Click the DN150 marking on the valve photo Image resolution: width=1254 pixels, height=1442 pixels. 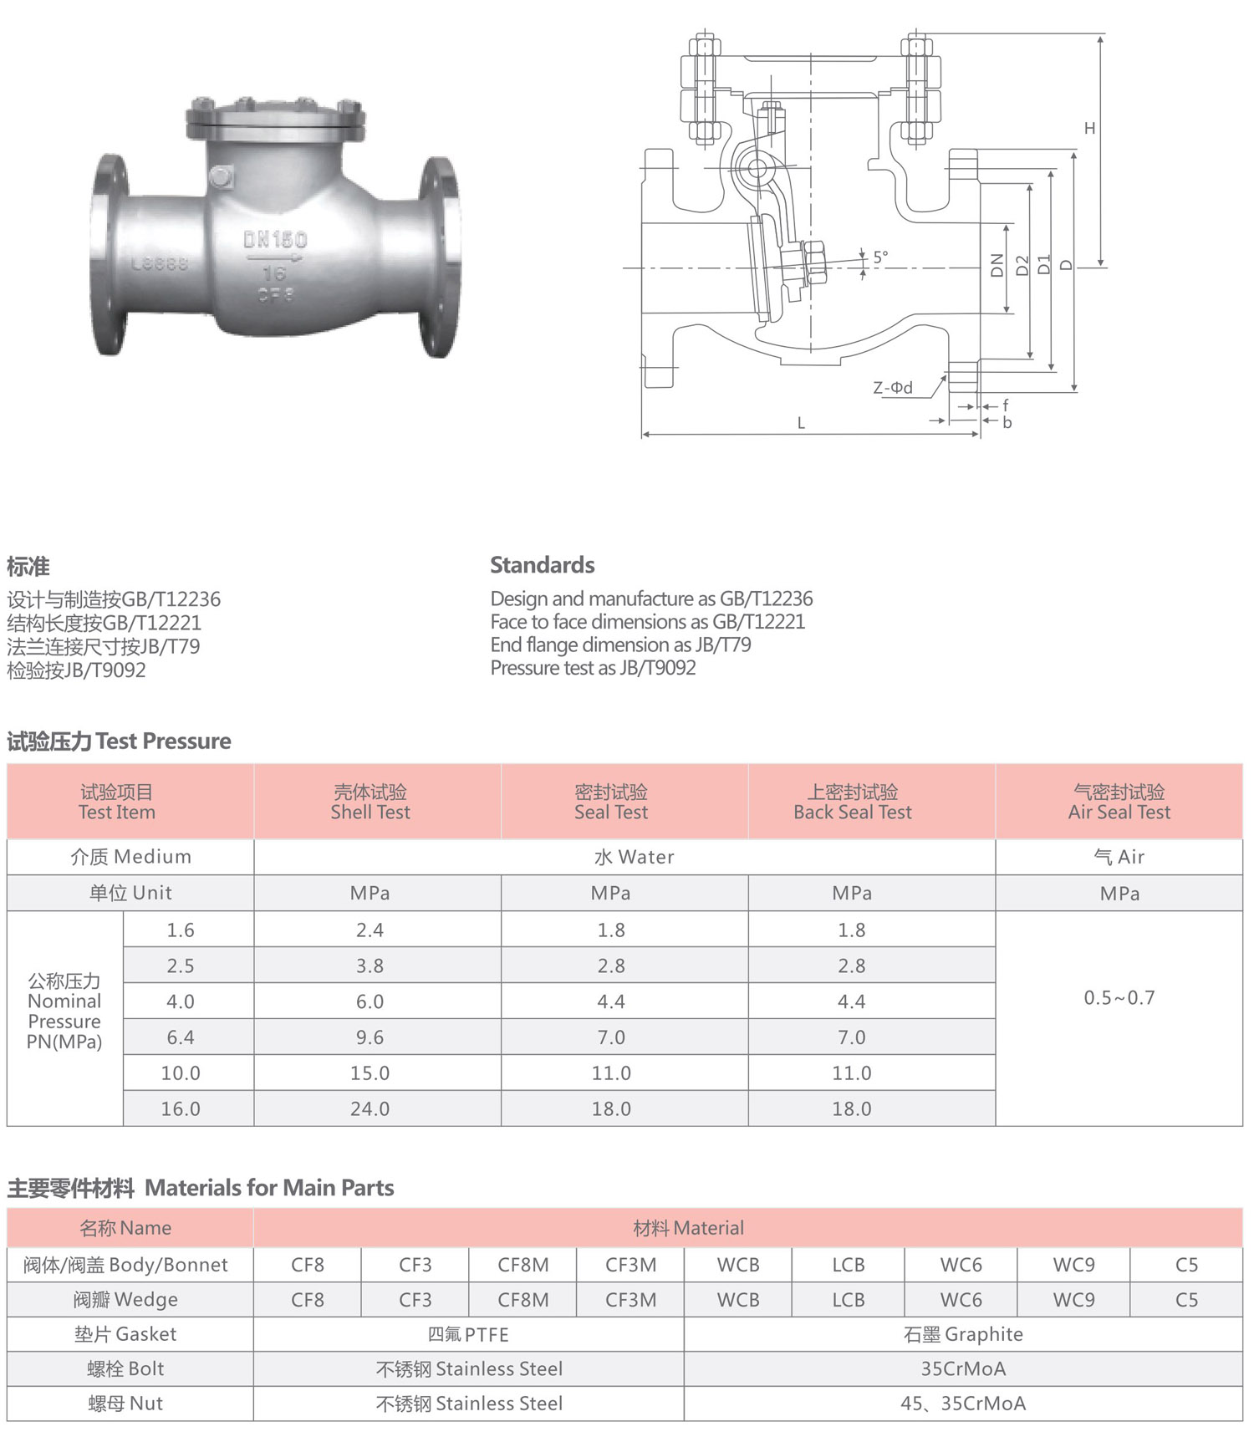click(x=275, y=240)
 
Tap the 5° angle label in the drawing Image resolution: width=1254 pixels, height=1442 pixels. click(x=881, y=257)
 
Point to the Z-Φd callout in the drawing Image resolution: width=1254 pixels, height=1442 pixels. click(x=893, y=388)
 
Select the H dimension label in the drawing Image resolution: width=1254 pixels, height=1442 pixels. click(x=1089, y=128)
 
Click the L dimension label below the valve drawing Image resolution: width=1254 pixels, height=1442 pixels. click(x=801, y=423)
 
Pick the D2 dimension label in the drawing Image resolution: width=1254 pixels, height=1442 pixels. click(x=1022, y=266)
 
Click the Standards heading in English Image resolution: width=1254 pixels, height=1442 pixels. click(x=543, y=565)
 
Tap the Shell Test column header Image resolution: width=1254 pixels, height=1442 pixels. click(x=370, y=803)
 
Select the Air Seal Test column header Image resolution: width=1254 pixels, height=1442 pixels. click(x=1119, y=803)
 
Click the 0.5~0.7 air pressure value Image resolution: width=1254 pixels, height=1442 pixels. click(x=1119, y=998)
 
